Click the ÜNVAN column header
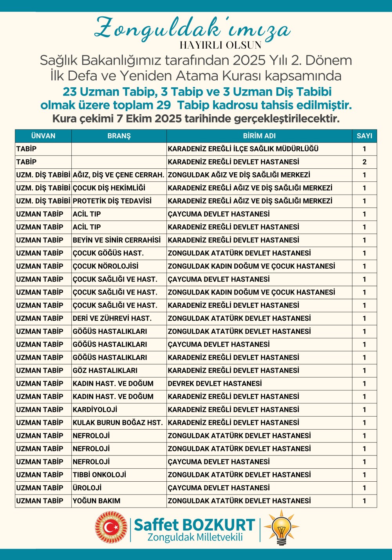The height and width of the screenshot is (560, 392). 43,136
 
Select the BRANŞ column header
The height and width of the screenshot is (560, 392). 119,136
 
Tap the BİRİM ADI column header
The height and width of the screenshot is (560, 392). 259,136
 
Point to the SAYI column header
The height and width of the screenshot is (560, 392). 364,136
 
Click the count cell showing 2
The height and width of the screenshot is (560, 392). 364,162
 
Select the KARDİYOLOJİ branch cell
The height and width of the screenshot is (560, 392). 95,410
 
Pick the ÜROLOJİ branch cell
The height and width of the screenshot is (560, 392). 87,488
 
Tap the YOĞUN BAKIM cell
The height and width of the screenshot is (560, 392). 97,501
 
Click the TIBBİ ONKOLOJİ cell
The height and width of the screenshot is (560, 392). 99,475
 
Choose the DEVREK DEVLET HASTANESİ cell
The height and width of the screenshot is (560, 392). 215,383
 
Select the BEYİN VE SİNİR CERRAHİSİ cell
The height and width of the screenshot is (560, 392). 117,240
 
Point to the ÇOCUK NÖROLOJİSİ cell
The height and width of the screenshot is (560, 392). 106,266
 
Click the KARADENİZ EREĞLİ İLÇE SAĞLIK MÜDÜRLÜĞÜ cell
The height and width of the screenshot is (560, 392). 243,149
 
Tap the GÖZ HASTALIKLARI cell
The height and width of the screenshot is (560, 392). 105,370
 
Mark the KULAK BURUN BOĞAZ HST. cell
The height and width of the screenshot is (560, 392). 117,423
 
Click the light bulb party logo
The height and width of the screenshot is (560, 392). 281,527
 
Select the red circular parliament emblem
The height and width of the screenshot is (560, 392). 111,527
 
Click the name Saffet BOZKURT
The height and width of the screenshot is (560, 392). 194,525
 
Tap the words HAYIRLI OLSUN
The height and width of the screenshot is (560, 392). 220,45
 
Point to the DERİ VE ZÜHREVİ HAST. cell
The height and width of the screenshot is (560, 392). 112,318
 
